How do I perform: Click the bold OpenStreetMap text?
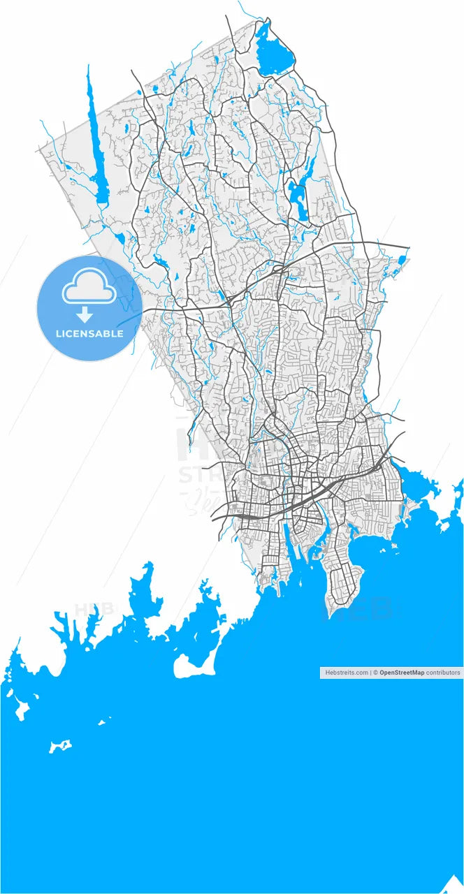(402, 673)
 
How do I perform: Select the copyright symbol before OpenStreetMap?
(375, 673)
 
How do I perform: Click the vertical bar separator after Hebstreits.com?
(370, 673)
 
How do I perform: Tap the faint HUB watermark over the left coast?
(94, 608)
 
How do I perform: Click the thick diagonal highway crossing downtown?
(307, 499)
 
